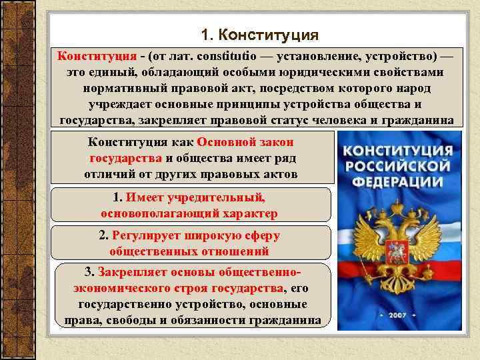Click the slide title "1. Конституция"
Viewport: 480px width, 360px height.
[x=260, y=33]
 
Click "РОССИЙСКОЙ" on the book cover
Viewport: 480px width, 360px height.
[x=399, y=164]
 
